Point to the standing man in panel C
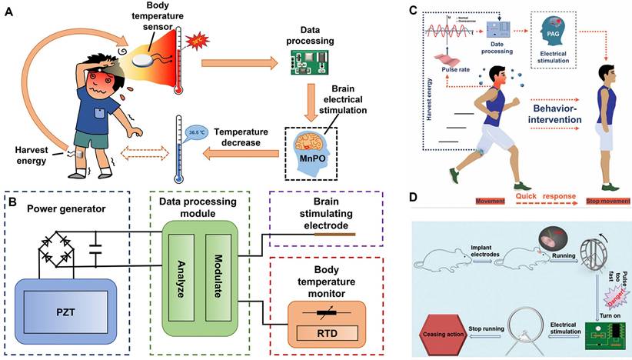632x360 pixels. click(607, 115)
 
